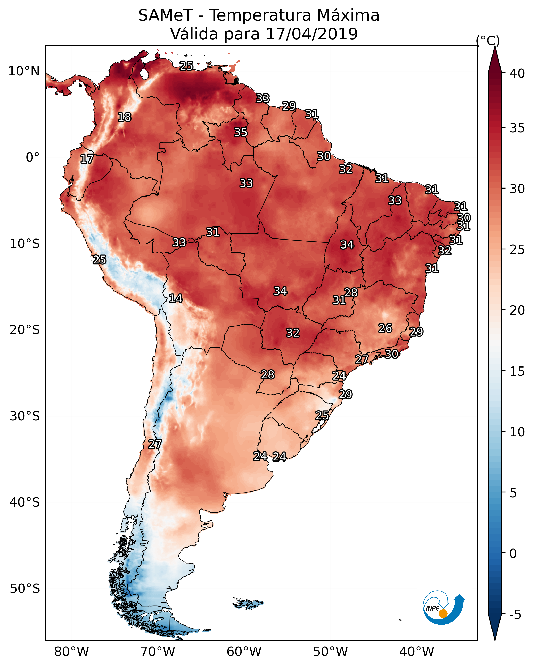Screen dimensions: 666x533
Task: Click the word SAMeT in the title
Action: click(x=166, y=15)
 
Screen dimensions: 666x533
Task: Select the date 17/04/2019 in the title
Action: click(x=311, y=34)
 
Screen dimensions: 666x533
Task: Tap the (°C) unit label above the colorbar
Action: click(x=488, y=40)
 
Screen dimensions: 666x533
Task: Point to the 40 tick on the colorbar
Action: click(x=517, y=73)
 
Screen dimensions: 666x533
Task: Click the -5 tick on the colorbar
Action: click(x=515, y=614)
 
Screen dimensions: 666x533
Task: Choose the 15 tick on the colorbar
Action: click(x=517, y=371)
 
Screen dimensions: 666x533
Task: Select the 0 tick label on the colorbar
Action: click(x=513, y=553)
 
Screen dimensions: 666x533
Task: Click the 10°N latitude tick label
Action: click(x=24, y=71)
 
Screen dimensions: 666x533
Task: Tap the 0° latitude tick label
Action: click(x=32, y=158)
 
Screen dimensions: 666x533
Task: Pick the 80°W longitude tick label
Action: click(x=71, y=652)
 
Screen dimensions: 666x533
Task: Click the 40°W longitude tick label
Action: click(x=417, y=652)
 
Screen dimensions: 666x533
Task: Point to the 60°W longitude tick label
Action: click(x=244, y=652)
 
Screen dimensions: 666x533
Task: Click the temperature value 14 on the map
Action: click(x=176, y=298)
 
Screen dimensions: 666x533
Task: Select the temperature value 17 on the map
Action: click(x=87, y=159)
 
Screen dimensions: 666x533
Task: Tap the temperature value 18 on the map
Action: click(x=124, y=117)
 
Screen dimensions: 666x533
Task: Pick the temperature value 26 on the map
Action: click(x=385, y=328)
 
